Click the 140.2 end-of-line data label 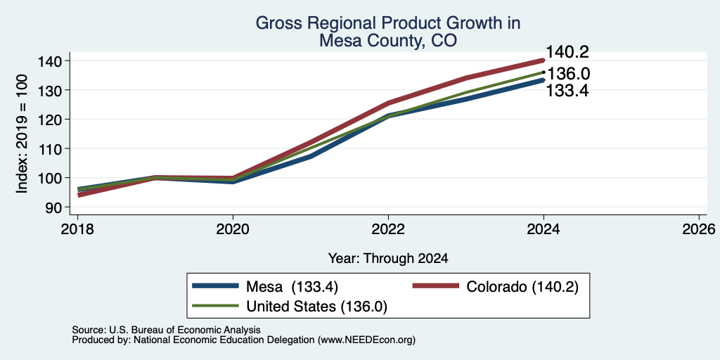click(x=567, y=52)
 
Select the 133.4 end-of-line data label click(x=567, y=91)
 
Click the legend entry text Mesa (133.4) click(x=292, y=287)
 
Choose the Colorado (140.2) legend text click(x=522, y=287)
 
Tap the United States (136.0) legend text click(x=317, y=307)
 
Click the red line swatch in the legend click(x=436, y=286)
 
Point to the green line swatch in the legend click(x=216, y=306)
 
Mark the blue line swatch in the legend click(x=216, y=286)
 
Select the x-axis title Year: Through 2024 click(x=388, y=259)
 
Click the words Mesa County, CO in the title click(x=388, y=40)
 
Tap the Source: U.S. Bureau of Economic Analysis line click(x=166, y=330)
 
